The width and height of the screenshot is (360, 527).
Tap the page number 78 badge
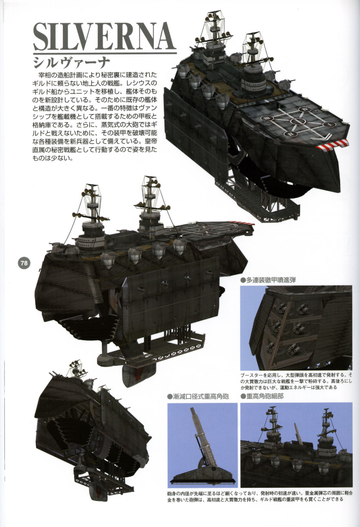24,263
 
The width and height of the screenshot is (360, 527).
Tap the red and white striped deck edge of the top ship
332,145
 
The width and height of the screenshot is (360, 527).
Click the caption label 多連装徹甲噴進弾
268,280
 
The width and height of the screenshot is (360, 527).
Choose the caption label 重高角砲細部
262,397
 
